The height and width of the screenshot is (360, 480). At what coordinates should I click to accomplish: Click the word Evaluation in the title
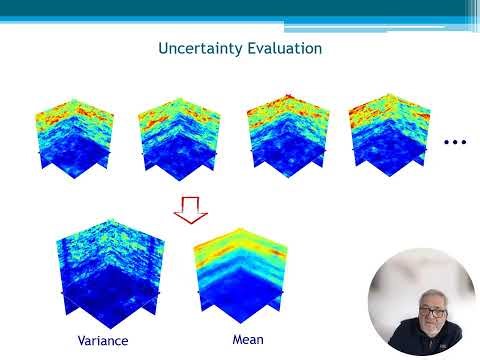(285, 48)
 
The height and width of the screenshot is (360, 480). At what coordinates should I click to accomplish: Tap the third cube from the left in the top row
(282, 136)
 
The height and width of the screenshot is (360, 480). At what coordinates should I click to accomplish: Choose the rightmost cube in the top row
(386, 136)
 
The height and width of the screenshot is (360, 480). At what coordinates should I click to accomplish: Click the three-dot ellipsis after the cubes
(455, 143)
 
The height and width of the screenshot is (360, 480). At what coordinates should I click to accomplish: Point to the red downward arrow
(190, 209)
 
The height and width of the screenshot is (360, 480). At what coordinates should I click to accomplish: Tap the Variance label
(103, 340)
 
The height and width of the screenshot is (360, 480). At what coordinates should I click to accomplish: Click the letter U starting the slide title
(164, 48)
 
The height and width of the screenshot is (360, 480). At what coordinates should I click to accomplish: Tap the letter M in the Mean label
(224, 339)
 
